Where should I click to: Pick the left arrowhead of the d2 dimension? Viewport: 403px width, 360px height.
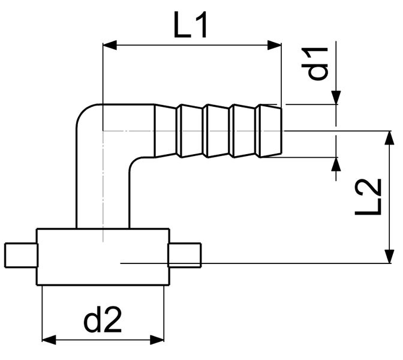[x=48, y=339]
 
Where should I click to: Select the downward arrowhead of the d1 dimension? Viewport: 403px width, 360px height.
[x=336, y=97]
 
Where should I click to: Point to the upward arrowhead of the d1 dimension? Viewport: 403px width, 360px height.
[x=336, y=164]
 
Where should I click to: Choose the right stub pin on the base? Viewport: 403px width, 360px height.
[x=185, y=254]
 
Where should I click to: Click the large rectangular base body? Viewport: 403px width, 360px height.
[x=103, y=257]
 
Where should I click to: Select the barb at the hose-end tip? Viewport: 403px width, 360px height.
[x=268, y=131]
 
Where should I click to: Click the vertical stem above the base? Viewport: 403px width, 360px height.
[x=103, y=192]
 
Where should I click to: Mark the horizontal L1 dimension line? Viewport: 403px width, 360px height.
[x=192, y=44]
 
